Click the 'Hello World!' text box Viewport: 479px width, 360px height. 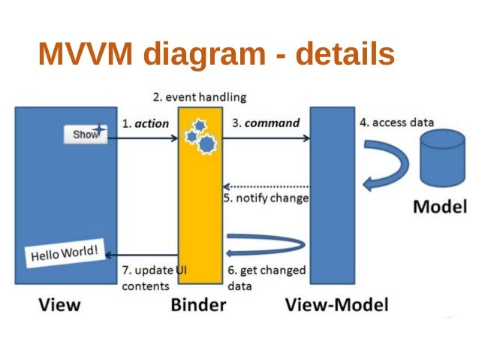click(64, 252)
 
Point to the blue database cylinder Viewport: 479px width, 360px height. click(443, 158)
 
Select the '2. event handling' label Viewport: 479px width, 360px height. click(199, 98)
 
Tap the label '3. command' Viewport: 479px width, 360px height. click(265, 123)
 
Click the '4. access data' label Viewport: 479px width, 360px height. click(396, 123)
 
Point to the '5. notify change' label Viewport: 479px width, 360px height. click(266, 198)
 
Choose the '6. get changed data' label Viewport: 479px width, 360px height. click(266, 278)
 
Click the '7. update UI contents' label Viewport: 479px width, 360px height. click(149, 278)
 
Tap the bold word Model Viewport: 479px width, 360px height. click(440, 207)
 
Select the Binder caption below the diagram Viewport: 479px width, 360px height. click(200, 305)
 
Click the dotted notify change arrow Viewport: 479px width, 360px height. click(266, 186)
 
